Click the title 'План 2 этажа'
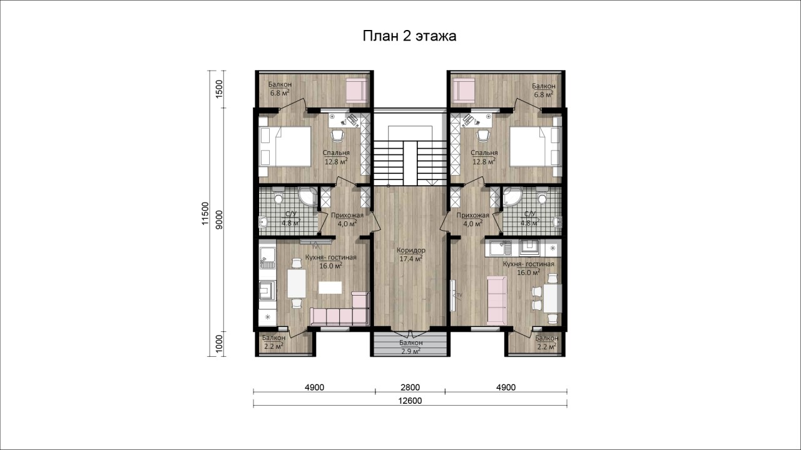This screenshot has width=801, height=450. [409, 36]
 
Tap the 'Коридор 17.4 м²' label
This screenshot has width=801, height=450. [411, 254]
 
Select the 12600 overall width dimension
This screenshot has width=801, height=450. [410, 401]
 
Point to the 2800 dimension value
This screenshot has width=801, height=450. [410, 387]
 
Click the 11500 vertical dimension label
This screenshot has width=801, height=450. [205, 214]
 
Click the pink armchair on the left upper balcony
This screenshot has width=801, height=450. [357, 91]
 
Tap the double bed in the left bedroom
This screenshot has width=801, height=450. [285, 146]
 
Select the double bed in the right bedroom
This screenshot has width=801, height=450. [536, 146]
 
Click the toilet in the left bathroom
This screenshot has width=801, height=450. [278, 196]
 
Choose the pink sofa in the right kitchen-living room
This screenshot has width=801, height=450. [497, 300]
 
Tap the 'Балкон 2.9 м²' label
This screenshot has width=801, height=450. [411, 347]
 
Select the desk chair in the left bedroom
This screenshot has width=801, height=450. [338, 135]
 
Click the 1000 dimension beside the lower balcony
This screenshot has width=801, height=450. [219, 344]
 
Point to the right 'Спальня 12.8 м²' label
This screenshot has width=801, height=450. [484, 157]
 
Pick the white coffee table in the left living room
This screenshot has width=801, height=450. [330, 287]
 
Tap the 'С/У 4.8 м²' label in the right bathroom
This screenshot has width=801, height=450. [530, 219]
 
